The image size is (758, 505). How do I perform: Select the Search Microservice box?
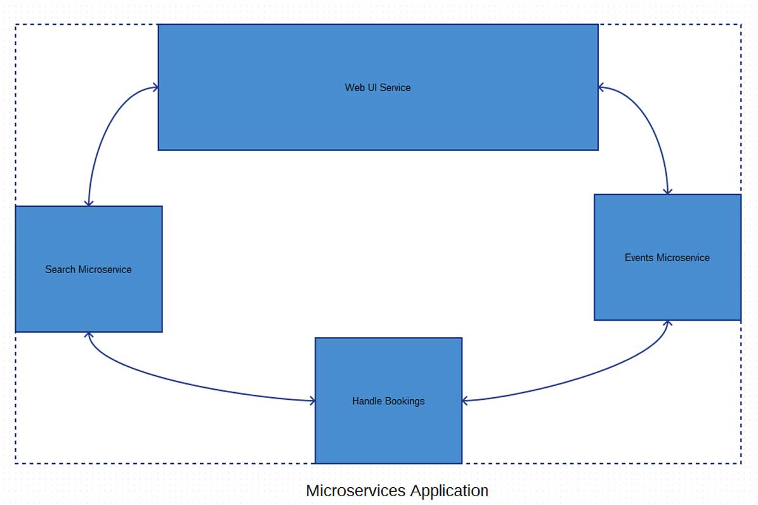click(88, 298)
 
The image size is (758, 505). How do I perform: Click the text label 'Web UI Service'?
click(377, 87)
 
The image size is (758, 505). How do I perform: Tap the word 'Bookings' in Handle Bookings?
click(406, 401)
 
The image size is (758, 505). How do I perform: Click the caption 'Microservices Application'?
click(397, 490)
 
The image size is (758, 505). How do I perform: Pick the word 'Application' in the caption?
click(449, 490)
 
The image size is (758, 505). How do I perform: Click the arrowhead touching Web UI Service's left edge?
click(155, 87)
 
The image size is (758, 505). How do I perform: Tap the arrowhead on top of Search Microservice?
click(89, 202)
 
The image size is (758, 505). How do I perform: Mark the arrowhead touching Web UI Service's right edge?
click(601, 87)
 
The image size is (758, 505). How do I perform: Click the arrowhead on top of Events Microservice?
click(667, 190)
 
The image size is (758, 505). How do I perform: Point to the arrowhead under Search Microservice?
click(89, 335)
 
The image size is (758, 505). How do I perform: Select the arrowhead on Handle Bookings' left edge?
click(311, 400)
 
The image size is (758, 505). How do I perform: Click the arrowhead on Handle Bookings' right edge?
click(466, 400)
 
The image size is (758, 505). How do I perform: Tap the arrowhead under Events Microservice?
click(667, 324)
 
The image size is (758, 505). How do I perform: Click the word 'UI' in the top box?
click(372, 87)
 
